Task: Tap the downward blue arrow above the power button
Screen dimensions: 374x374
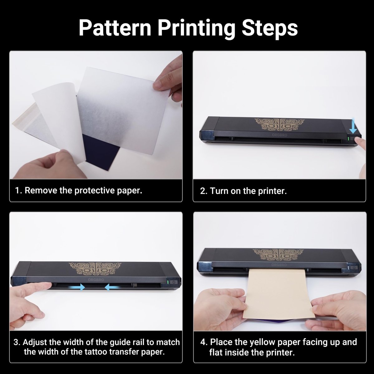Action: coord(353,126)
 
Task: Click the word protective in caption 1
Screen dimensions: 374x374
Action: coord(95,190)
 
